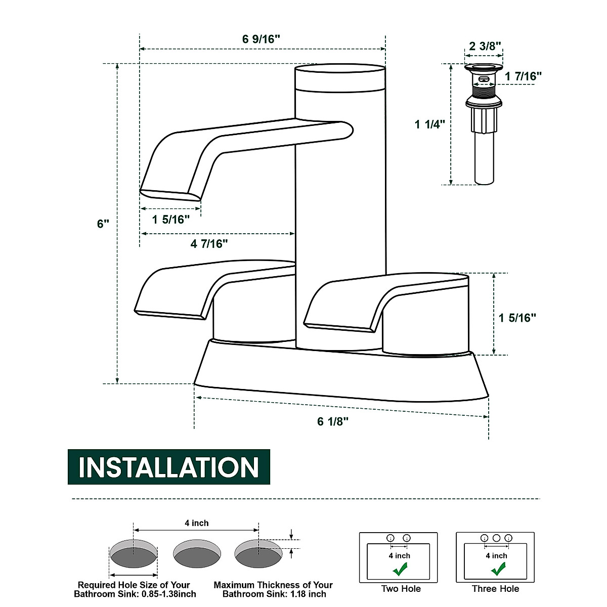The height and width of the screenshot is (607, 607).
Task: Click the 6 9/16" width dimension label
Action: pyautogui.click(x=261, y=39)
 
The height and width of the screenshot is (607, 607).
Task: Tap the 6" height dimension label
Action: pyautogui.click(x=103, y=224)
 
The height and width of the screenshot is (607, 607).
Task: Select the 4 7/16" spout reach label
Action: pyautogui.click(x=209, y=244)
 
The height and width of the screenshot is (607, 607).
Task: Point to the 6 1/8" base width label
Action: pyautogui.click(x=333, y=421)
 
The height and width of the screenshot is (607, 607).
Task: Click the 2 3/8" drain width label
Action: pyautogui.click(x=485, y=46)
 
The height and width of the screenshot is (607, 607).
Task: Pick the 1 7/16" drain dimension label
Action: pyautogui.click(x=523, y=76)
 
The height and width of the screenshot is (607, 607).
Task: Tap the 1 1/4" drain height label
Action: pyautogui.click(x=429, y=124)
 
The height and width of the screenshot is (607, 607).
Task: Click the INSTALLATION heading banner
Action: pyautogui.click(x=169, y=467)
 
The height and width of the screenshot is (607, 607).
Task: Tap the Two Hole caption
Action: pyautogui.click(x=401, y=589)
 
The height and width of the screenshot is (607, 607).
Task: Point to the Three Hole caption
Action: pyautogui.click(x=495, y=589)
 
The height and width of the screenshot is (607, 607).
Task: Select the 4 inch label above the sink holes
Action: pyautogui.click(x=196, y=523)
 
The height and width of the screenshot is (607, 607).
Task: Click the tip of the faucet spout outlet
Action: pyautogui.click(x=170, y=195)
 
